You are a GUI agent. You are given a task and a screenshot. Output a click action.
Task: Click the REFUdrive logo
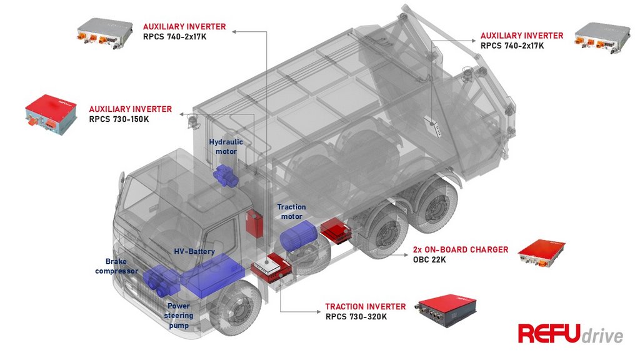click(570, 334)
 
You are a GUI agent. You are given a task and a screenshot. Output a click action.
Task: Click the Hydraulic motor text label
click(226, 147)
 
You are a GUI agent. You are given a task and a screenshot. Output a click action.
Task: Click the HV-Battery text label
click(194, 251)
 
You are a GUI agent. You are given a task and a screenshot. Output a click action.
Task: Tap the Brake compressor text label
click(117, 266)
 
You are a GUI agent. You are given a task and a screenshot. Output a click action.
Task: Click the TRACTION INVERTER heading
click(365, 307)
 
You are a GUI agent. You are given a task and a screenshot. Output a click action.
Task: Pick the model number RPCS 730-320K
click(356, 317)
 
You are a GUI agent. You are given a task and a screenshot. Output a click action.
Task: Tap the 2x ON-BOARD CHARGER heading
click(461, 249)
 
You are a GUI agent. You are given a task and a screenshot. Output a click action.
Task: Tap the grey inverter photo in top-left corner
click(105, 33)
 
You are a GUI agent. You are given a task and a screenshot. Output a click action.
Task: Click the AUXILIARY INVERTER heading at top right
click(521, 36)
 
